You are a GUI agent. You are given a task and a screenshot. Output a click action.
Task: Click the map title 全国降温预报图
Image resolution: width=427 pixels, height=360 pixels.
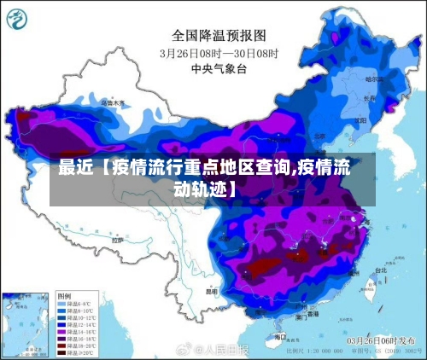click(x=219, y=35)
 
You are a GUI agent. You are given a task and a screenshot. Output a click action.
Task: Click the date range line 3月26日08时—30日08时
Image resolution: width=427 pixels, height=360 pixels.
click(x=219, y=53)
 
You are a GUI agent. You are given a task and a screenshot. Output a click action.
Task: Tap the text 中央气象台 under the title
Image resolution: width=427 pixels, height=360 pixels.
click(x=219, y=68)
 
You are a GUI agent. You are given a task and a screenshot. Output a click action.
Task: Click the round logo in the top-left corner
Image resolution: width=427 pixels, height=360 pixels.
click(x=18, y=17)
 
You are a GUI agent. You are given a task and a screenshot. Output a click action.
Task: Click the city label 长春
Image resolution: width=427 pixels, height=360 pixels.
click(x=369, y=98)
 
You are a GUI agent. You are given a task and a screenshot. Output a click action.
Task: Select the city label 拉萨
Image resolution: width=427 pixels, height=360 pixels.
click(x=118, y=241)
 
